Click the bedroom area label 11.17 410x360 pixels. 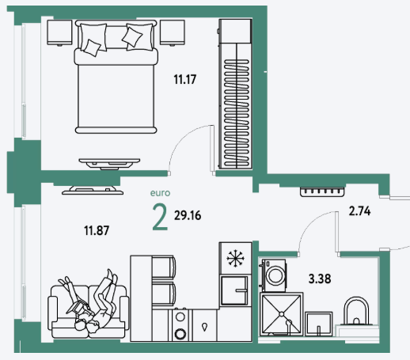pyautogui.click(x=185, y=79)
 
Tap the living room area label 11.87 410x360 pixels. pyautogui.click(x=97, y=230)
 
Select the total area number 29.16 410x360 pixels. pyautogui.click(x=188, y=215)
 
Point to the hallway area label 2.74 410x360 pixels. pyautogui.click(x=359, y=211)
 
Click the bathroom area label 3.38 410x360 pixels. pyautogui.click(x=320, y=279)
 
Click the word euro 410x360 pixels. pyautogui.click(x=160, y=193)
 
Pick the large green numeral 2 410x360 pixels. pyautogui.click(x=160, y=218)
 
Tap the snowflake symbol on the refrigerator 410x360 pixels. pyautogui.click(x=236, y=258)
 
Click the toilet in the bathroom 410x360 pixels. pyautogui.click(x=356, y=315)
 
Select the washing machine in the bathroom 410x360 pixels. pyautogui.click(x=274, y=275)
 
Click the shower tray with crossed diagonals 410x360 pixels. pyautogui.click(x=281, y=314)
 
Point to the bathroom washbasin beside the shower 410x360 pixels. pyautogui.click(x=319, y=324)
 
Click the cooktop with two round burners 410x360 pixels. pyautogui.click(x=180, y=325)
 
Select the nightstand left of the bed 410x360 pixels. pyautogui.click(x=59, y=32)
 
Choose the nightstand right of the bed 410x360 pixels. pyautogui.click(x=173, y=32)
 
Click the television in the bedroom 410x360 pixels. pyautogui.click(x=109, y=164)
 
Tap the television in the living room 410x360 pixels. pyautogui.click(x=93, y=190)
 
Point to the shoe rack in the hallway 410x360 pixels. pyautogui.click(x=322, y=191)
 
